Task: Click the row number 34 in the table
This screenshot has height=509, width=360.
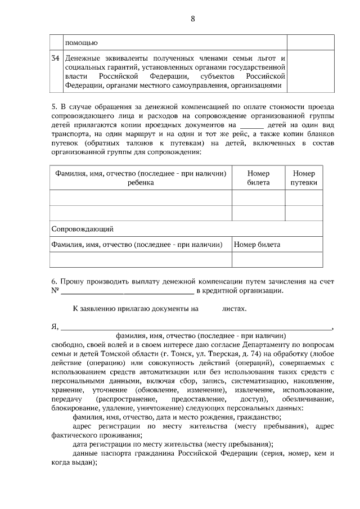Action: (x=55, y=58)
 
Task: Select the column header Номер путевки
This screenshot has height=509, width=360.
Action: (x=304, y=178)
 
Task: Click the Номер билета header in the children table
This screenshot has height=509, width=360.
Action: (x=258, y=178)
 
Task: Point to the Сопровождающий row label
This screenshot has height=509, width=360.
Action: (x=83, y=229)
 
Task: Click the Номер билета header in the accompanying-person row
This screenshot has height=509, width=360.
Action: (x=257, y=245)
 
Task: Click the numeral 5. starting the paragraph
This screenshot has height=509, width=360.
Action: (x=54, y=106)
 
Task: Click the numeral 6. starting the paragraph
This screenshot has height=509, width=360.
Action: (x=54, y=280)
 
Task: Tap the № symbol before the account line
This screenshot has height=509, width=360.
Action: (x=55, y=290)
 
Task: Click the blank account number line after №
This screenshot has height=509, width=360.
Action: (x=127, y=291)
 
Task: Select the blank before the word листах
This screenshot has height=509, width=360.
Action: (x=210, y=309)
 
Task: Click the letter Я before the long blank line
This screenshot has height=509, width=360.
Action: (x=54, y=326)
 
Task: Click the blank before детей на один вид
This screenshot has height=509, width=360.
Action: (x=251, y=125)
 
